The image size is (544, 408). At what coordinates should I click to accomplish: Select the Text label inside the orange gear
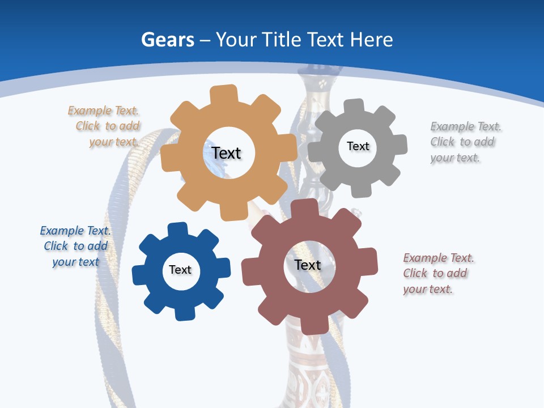click(226, 153)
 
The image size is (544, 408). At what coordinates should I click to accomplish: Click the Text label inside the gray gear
click(358, 146)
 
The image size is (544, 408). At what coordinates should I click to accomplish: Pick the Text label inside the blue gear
click(180, 270)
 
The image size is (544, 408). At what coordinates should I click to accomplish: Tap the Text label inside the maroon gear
click(308, 265)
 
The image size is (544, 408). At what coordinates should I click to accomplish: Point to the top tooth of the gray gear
click(354, 107)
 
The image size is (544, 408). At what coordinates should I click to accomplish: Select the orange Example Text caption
click(104, 126)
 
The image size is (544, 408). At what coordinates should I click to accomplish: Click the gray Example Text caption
click(465, 142)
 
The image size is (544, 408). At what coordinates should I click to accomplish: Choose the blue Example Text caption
click(75, 246)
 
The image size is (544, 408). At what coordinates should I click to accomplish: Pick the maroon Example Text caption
click(438, 273)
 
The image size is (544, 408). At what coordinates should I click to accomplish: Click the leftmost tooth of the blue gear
click(139, 275)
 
